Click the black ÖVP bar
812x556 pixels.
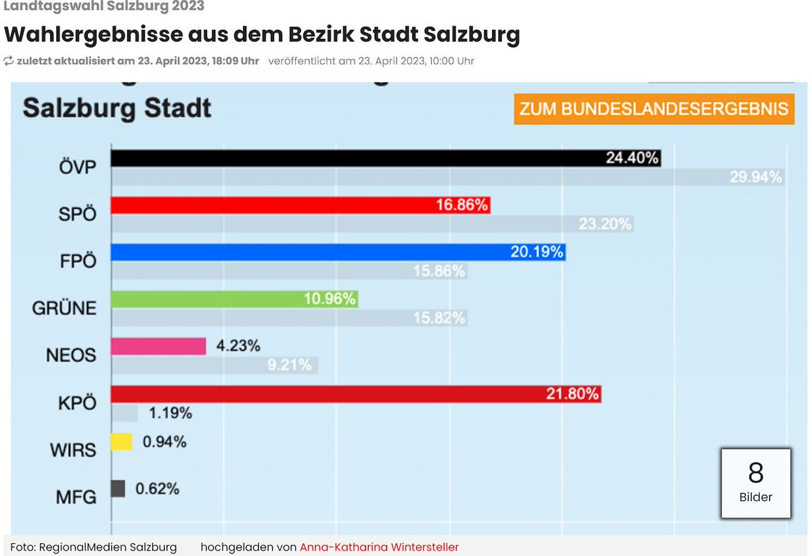(386, 158)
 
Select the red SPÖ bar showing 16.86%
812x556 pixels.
(300, 205)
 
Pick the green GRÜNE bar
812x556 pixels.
(233, 299)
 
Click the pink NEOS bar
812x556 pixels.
(158, 346)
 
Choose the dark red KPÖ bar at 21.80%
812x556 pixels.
(355, 393)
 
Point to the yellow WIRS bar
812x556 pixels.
(122, 442)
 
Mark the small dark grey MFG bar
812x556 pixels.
(118, 488)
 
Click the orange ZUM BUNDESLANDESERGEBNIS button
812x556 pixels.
(654, 110)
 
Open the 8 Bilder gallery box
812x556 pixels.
(755, 483)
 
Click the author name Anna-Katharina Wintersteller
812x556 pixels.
(379, 547)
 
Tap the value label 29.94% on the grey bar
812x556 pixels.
(755, 177)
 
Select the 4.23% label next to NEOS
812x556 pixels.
(238, 346)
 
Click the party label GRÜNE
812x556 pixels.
(64, 308)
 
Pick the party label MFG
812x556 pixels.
(76, 497)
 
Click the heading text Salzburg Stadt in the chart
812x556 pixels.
(117, 108)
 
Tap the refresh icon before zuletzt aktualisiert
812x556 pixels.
(9, 61)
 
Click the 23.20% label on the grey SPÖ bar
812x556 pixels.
(605, 224)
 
